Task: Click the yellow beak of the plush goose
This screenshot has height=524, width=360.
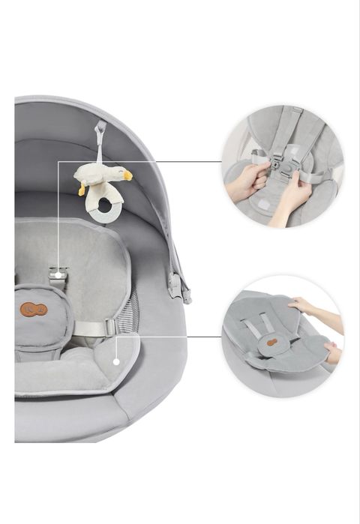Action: click(x=127, y=175)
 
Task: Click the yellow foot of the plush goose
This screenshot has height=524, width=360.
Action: click(x=81, y=190)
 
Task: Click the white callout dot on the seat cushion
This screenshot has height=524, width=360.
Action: click(x=115, y=361)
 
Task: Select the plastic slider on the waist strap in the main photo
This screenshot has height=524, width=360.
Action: click(x=109, y=328)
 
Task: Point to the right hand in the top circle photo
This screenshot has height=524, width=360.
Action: click(x=291, y=196)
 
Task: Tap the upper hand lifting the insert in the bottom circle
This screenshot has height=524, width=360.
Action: click(x=304, y=305)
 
